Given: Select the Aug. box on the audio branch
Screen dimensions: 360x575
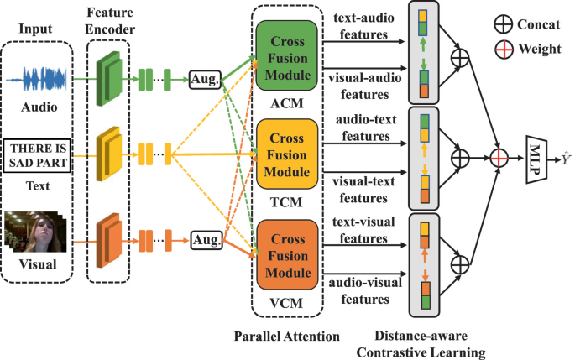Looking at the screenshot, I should (205, 81).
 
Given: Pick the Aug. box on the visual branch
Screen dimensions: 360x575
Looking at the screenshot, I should (205, 242).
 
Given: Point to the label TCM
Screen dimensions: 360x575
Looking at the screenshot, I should (288, 202).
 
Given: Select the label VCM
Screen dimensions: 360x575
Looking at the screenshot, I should (288, 301).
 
